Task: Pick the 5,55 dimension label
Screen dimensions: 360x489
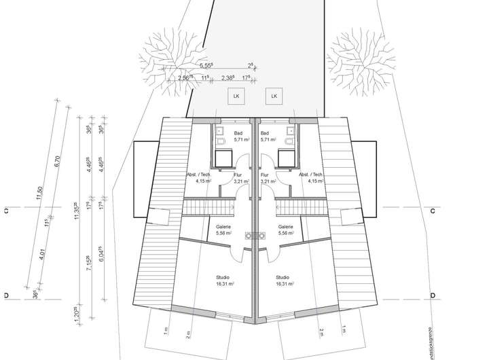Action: [x=206, y=66]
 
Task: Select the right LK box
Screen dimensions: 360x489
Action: [x=274, y=97]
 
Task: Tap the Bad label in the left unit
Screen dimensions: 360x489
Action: [x=238, y=133]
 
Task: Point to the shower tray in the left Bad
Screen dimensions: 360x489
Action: [x=223, y=158]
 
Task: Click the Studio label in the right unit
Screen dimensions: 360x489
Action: [x=283, y=278]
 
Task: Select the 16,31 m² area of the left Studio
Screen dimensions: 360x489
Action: [x=223, y=285]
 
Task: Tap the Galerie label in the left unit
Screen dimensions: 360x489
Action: [x=223, y=227]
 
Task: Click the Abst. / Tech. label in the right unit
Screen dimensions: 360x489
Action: [x=311, y=175]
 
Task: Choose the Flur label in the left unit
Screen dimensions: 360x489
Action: [x=238, y=175]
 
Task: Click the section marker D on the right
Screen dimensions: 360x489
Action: [x=432, y=296]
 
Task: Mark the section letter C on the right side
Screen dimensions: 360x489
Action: [x=432, y=212]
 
